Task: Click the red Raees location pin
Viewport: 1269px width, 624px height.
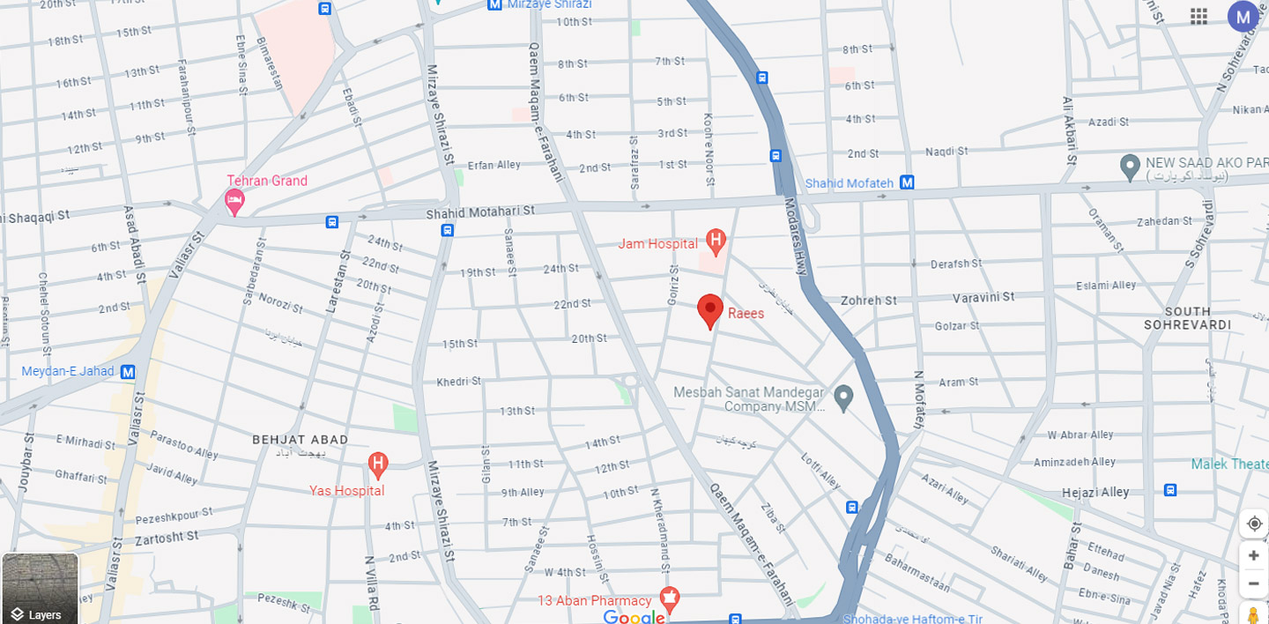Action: point(710,310)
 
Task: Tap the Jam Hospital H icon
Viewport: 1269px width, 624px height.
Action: point(716,240)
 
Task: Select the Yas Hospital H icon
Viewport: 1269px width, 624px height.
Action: point(377,463)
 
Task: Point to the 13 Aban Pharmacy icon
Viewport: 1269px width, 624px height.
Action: point(669,600)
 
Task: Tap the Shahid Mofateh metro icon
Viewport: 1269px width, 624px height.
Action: point(907,182)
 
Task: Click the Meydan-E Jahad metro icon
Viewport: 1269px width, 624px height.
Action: point(128,372)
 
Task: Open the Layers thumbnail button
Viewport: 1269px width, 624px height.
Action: point(40,588)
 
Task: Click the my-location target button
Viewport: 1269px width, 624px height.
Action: point(1254,524)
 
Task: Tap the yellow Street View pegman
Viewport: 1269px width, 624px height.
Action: point(1253,614)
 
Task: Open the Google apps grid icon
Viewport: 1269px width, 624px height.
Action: point(1198,16)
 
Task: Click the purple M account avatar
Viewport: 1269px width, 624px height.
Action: point(1243,16)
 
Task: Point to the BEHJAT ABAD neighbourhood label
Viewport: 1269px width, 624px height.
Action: point(300,439)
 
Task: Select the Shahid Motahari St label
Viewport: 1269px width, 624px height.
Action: point(480,212)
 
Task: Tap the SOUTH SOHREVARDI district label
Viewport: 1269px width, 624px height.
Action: point(1187,318)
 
